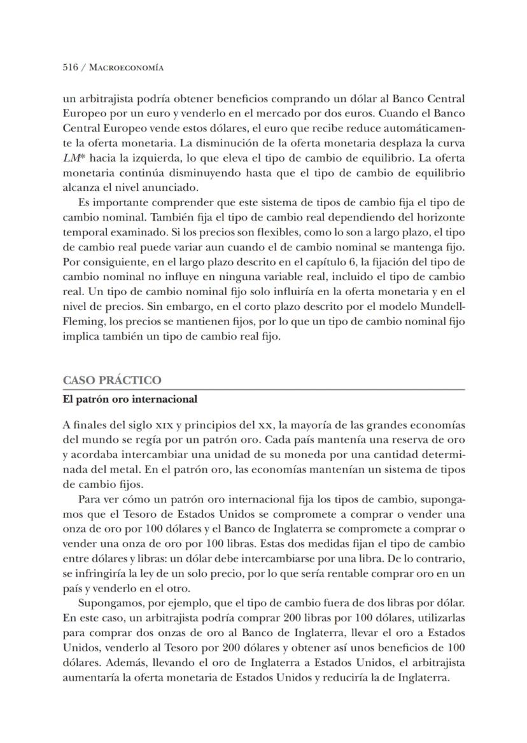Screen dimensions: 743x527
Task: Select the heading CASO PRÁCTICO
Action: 112,380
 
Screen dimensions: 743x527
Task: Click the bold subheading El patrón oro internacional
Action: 130,399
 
